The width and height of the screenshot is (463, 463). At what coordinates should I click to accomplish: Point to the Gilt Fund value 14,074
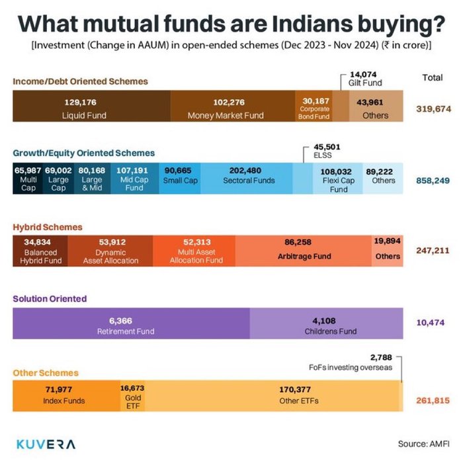coord(362,74)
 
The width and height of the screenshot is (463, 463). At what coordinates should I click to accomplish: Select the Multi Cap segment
coord(28,179)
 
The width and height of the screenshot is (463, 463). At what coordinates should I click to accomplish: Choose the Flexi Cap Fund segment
coord(339,179)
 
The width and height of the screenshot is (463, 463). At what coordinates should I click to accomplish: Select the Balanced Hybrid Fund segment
coord(40,251)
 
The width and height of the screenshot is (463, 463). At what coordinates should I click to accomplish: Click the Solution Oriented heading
coord(50,299)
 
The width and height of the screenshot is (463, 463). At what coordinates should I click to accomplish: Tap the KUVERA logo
coord(46,444)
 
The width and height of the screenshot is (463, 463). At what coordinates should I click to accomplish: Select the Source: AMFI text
coord(423,444)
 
